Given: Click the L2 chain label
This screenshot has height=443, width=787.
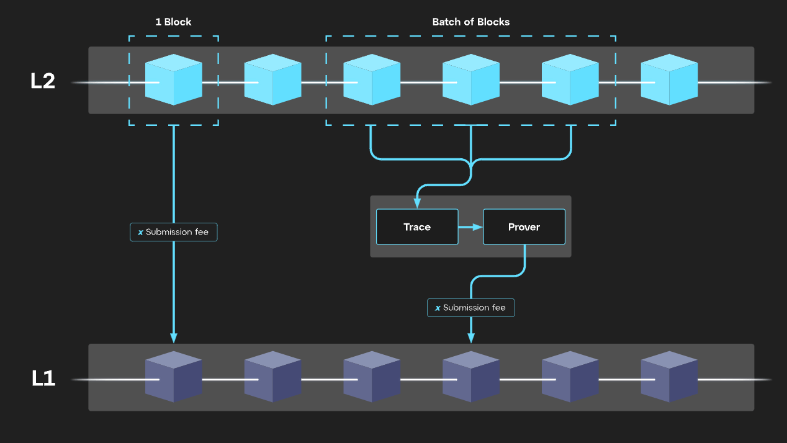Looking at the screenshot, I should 43,81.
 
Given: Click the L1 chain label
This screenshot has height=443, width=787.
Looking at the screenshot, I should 43,378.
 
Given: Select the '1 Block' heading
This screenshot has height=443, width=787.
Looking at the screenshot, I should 173,22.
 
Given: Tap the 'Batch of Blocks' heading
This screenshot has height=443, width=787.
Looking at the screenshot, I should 470,22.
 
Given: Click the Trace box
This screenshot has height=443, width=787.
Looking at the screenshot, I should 417,227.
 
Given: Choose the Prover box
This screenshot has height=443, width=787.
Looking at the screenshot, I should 524,227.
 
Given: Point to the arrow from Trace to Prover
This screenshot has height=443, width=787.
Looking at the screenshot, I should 471,227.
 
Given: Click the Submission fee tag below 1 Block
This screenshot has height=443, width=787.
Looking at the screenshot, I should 173,232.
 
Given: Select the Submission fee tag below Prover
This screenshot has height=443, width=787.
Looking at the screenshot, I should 470,308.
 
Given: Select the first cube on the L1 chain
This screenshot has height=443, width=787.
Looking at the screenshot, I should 173,377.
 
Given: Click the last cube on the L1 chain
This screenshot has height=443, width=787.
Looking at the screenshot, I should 669,377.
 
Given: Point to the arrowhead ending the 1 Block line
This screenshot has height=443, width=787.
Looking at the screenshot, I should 174,338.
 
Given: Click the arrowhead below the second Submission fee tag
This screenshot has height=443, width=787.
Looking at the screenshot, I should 471,338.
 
